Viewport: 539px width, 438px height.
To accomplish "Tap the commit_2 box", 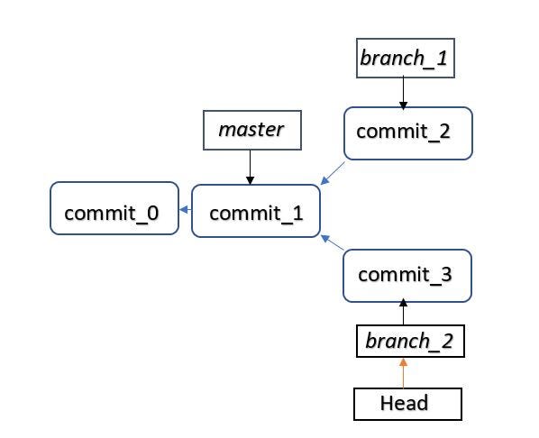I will pos(407,133).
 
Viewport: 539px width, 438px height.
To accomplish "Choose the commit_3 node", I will pos(407,275).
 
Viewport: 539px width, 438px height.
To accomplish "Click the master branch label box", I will pos(251,130).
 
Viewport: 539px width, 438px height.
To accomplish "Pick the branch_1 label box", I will pos(403,59).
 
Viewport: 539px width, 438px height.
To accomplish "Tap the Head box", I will pos(407,404).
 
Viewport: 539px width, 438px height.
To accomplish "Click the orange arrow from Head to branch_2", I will pos(404,372).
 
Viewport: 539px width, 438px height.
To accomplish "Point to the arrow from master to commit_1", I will pos(251,167).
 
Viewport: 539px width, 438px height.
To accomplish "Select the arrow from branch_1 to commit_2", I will pos(403,93).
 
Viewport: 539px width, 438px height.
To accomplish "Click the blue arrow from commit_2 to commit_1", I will pos(333,173).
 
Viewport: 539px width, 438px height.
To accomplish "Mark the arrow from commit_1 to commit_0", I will pos(186,210).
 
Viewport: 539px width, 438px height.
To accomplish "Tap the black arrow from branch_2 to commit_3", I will pos(404,312).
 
